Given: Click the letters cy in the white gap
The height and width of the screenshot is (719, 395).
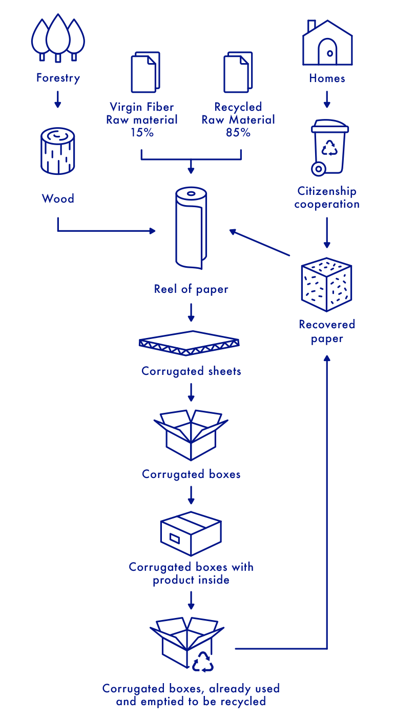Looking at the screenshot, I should (x=234, y=108).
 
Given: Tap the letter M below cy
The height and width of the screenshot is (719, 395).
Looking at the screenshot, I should (x=234, y=120).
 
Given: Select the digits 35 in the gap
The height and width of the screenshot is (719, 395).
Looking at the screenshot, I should (x=234, y=133).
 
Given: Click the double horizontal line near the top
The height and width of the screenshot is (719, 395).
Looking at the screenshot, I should (x=234, y=54).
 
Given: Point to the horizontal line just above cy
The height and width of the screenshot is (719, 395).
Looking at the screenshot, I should (x=234, y=92).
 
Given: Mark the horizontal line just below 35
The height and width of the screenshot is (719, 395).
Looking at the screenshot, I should (x=234, y=159).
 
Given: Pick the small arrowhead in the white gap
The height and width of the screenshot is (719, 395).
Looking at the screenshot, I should (x=234, y=232).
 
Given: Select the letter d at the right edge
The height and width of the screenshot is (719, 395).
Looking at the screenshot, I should (x=353, y=324).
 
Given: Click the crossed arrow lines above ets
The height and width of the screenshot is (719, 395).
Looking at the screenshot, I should (x=233, y=342).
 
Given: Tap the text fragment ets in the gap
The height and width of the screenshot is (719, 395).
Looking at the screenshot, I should (x=234, y=372).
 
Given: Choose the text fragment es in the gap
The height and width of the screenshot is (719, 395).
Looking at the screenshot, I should (x=234, y=475).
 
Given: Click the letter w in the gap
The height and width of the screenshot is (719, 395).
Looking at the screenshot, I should (x=235, y=568).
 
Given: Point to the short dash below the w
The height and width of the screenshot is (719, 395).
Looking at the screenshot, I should (x=236, y=649).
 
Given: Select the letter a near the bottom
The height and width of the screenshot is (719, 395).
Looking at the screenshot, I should (x=234, y=689).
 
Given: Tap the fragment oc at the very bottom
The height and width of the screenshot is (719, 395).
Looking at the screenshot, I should (x=234, y=702).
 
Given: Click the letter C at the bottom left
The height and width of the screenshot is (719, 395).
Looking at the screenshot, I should (x=104, y=689).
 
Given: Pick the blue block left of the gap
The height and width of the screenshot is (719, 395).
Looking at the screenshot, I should (x=131, y=308).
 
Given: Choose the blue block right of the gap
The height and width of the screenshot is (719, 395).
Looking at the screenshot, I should (x=295, y=308).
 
